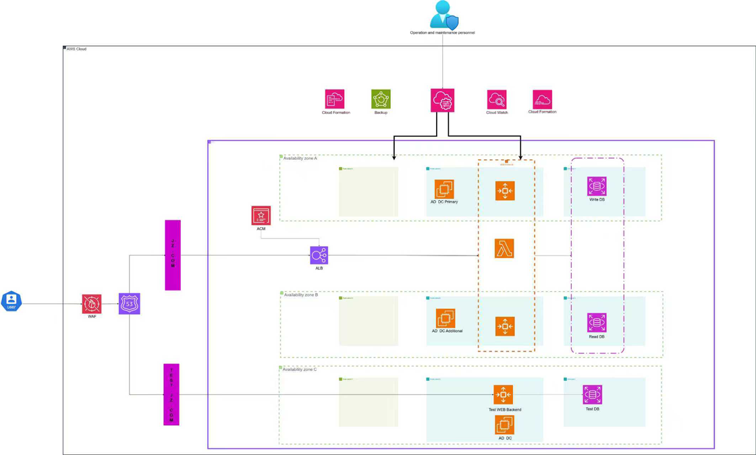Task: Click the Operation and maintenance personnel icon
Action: [x=443, y=15]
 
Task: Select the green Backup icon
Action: [x=381, y=99]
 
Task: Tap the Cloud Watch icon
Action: [x=497, y=99]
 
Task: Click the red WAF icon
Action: [x=92, y=303]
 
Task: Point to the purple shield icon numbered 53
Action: [x=129, y=303]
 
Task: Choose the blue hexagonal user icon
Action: [x=11, y=301]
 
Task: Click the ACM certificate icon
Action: [x=261, y=215]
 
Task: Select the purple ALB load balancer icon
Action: [x=319, y=255]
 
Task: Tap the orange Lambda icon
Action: [x=504, y=249]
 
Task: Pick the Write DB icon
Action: [x=597, y=186]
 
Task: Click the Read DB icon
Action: [x=597, y=323]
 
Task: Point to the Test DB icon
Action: [x=592, y=394]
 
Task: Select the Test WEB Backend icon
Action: [x=503, y=394]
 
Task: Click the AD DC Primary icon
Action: [x=444, y=189]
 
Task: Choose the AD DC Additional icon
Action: [x=446, y=317]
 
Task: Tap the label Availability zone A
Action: [x=300, y=158]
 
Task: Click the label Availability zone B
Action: [x=300, y=295]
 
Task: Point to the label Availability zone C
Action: [x=300, y=369]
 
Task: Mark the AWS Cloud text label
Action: [x=76, y=49]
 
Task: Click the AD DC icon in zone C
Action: [x=504, y=425]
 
